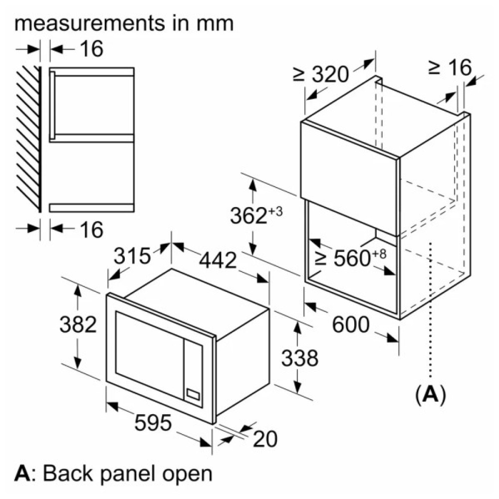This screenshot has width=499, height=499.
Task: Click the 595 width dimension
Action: (x=153, y=423)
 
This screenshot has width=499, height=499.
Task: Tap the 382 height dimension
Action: (x=77, y=325)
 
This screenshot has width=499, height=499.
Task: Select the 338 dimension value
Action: (x=298, y=358)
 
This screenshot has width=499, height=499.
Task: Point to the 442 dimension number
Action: (x=218, y=259)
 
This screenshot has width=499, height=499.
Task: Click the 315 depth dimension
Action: (x=132, y=256)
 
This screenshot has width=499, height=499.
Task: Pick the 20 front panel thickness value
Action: (x=265, y=439)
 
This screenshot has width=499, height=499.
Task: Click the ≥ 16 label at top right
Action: (x=449, y=67)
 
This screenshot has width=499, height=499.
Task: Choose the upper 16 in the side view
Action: (x=90, y=49)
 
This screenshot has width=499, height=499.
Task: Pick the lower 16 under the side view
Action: (x=90, y=229)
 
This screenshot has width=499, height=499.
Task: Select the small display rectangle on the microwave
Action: (x=193, y=393)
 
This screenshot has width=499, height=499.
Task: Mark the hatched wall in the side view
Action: (x=28, y=137)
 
